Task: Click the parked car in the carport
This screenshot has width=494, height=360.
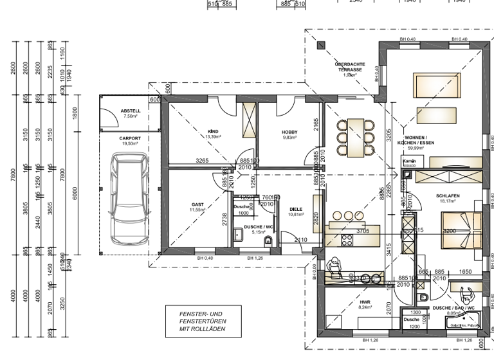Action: (128, 201)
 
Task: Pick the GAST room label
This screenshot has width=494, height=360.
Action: (197, 206)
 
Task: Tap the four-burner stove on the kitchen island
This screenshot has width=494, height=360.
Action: (347, 240)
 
